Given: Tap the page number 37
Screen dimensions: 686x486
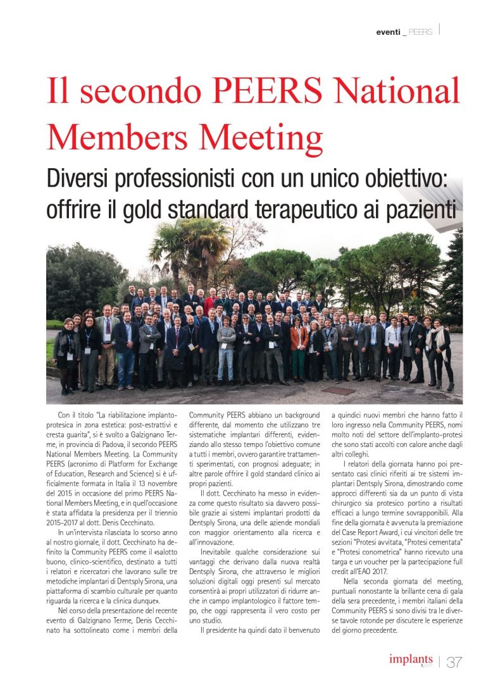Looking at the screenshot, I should pos(454,662).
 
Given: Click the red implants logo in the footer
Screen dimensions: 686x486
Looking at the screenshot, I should pos(411,659).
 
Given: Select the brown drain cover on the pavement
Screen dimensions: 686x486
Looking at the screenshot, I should pos(346,391).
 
